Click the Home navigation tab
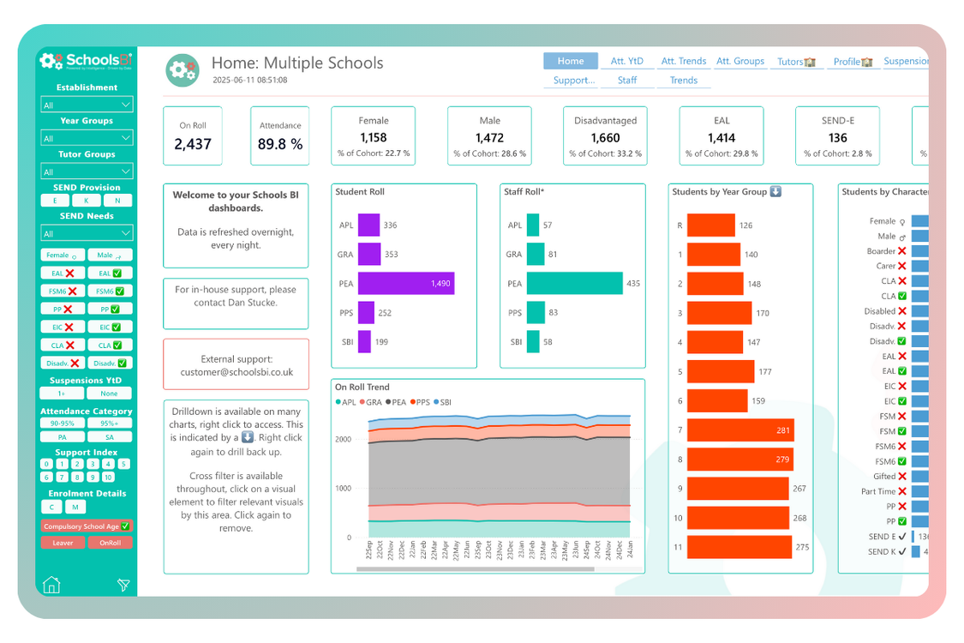coord(570,61)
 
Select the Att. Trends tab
coord(683,62)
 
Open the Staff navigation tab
coord(627,81)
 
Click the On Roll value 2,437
coord(193,144)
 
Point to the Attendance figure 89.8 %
coord(280,144)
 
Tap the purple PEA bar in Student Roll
coord(405,284)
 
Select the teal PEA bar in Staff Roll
coord(574,284)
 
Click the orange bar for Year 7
coord(740,430)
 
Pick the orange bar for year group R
coord(711,225)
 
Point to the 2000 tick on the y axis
coord(343,439)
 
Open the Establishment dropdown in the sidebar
coord(87,105)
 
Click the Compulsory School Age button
coord(87,526)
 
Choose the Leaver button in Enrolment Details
coord(63,542)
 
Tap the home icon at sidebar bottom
coord(51,585)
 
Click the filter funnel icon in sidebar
coord(123,585)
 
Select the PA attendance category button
coord(63,436)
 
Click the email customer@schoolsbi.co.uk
coord(237,372)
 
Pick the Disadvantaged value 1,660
coord(605,137)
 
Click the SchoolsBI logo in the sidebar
coord(87,61)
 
